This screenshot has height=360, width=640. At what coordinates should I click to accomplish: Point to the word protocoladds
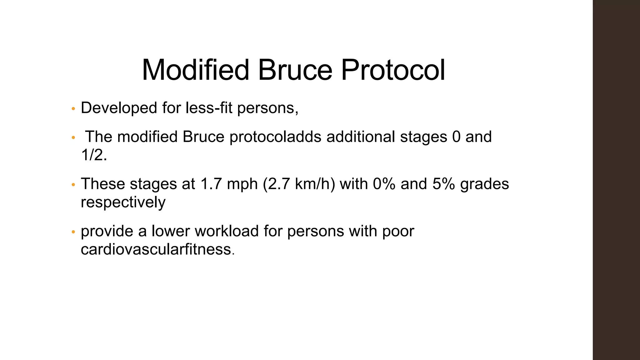[x=275, y=137]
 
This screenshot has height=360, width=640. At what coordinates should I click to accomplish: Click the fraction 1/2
[x=94, y=155]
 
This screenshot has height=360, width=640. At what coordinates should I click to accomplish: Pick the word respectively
[x=123, y=202]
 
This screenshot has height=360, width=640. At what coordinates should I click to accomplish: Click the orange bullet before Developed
[x=73, y=109]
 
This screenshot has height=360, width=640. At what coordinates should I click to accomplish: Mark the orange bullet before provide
[x=73, y=232]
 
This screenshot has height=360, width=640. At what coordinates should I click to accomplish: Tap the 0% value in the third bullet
[x=384, y=184]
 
